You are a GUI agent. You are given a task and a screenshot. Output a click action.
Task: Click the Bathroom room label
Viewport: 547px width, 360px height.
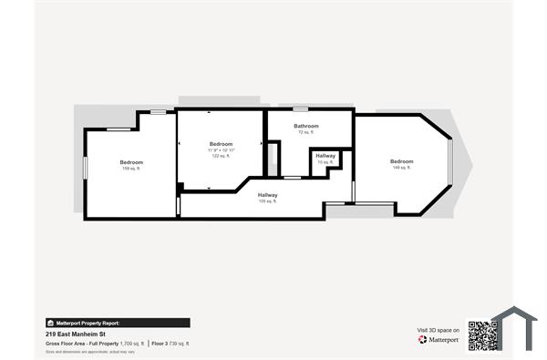pos(305,126)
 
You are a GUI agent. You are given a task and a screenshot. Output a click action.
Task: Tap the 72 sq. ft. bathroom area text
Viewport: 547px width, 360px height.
pos(305,132)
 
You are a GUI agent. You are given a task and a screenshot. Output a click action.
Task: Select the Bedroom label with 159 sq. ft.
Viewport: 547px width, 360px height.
pos(131,162)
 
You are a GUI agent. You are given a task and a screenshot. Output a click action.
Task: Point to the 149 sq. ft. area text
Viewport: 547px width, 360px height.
pos(402,168)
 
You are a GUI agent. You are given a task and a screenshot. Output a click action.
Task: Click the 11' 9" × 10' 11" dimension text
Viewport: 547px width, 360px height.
pos(221,150)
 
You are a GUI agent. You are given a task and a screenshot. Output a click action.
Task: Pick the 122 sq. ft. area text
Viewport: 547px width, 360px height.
pos(221,156)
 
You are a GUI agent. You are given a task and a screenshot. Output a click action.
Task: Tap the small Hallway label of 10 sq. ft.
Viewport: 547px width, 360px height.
pos(325,156)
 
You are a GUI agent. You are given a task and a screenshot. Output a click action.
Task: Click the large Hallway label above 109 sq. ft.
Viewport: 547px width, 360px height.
pos(267,195)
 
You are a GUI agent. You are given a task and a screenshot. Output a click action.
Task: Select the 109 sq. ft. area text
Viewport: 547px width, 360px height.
pos(267,201)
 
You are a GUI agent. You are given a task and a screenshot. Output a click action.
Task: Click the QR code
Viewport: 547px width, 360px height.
pos(481,335)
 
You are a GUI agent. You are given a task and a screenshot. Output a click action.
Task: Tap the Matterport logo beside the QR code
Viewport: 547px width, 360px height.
pos(438,339)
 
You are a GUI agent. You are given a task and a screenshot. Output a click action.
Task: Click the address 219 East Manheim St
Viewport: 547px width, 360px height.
pos(74,334)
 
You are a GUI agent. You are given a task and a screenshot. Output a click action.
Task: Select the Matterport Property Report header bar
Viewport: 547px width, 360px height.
pos(118,323)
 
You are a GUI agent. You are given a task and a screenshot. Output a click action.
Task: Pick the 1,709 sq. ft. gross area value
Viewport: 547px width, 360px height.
pos(132,344)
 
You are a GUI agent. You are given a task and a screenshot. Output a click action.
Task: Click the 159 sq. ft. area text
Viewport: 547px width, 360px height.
pos(131,169)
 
